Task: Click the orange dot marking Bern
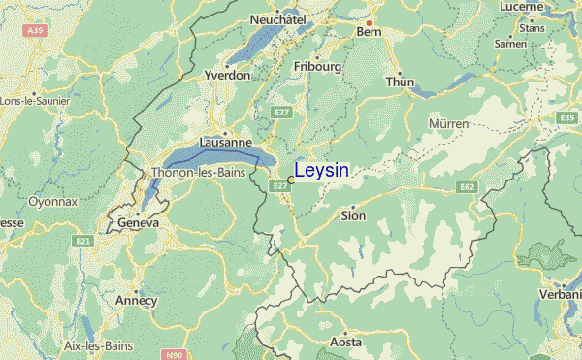coord(369,21)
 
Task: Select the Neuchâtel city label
coord(278,19)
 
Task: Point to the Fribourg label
coord(317,67)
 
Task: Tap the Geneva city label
coord(138,222)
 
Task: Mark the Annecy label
coord(136,300)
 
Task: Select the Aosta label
coord(346,343)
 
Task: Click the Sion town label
coord(353,215)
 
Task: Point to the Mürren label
coord(448,124)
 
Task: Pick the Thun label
coord(400,82)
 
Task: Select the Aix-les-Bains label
coord(96,345)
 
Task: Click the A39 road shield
coord(36,31)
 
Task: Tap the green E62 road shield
coord(468,185)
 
